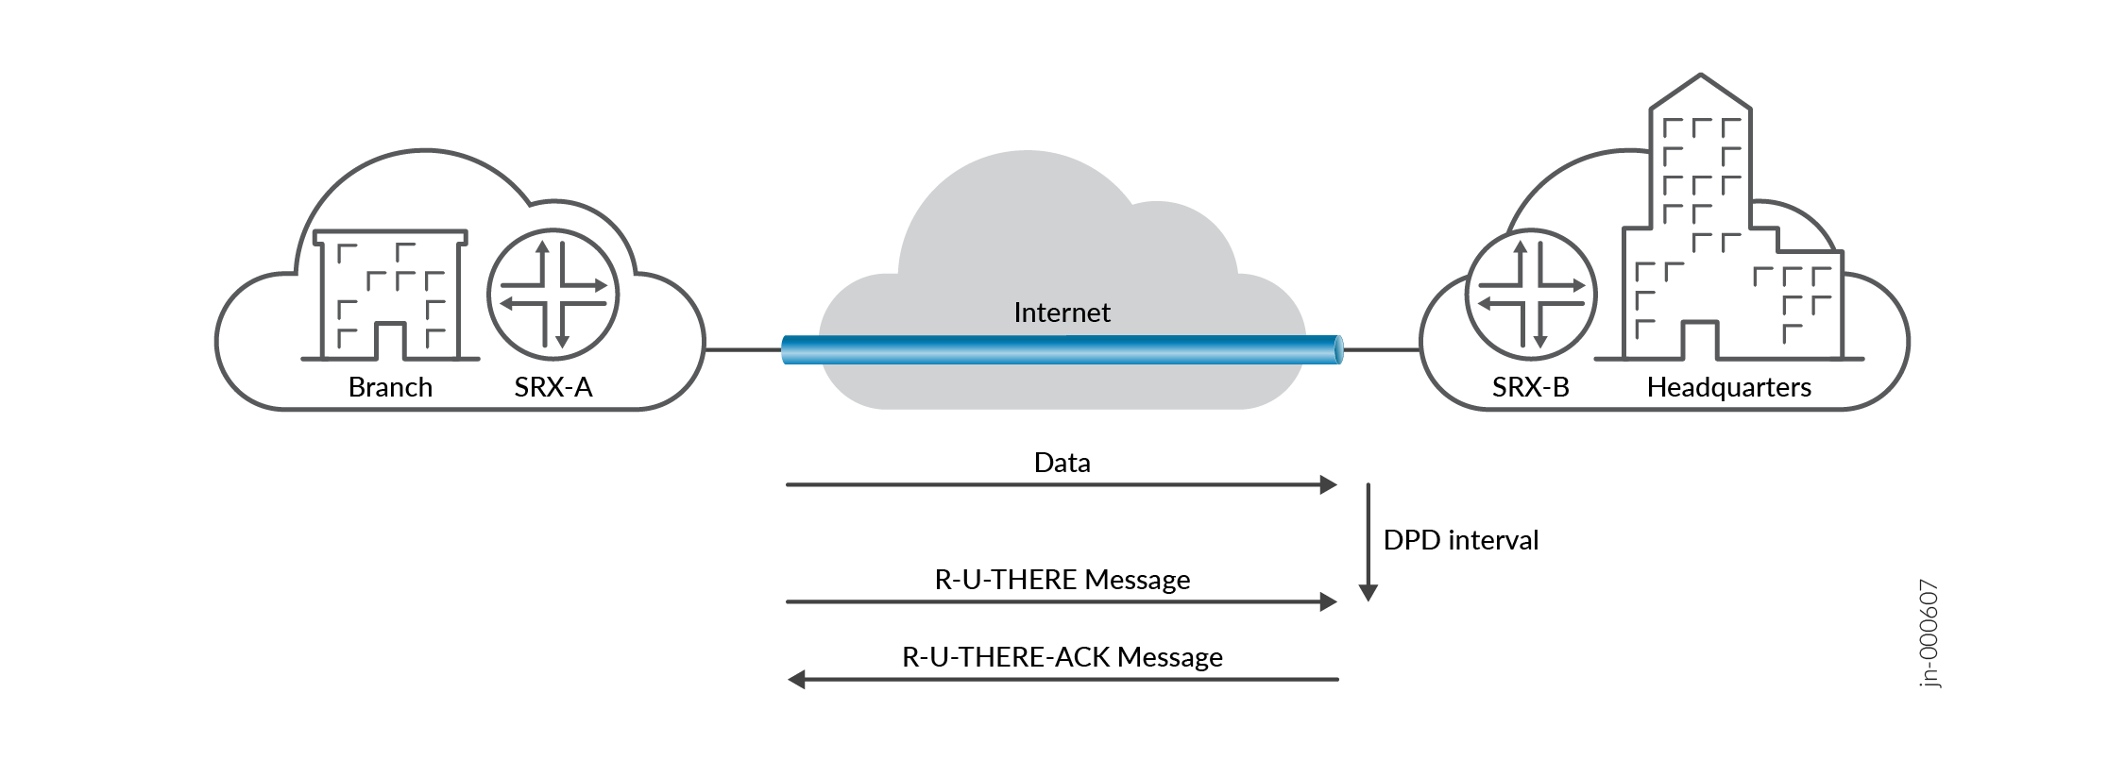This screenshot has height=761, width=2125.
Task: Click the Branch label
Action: click(x=390, y=387)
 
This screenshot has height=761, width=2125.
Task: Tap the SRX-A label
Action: click(x=553, y=387)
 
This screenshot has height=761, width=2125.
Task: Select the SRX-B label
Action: click(x=1530, y=387)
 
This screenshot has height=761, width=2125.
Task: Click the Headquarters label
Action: click(x=1728, y=387)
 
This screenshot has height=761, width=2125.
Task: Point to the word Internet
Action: click(x=1062, y=313)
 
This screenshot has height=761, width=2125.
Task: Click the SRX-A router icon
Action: click(x=552, y=295)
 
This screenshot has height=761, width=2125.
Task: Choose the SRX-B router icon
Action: click(x=1530, y=295)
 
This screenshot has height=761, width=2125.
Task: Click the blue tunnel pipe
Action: click(x=1062, y=349)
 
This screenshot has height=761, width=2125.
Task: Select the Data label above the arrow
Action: click(x=1062, y=463)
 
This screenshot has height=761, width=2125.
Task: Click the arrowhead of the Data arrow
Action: click(x=1329, y=485)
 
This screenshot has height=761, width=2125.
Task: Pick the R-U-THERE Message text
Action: click(x=1062, y=580)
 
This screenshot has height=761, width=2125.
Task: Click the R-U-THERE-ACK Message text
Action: click(x=1062, y=657)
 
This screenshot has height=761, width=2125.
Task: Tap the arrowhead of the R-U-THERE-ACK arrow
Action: click(x=797, y=680)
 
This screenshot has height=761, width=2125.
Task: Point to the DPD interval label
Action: click(x=1460, y=540)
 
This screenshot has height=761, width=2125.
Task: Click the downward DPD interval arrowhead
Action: click(x=1368, y=593)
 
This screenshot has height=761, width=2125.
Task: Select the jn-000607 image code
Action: click(x=1929, y=634)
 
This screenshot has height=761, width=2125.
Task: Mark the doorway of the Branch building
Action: click(x=390, y=341)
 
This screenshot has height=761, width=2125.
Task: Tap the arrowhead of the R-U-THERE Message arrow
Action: click(x=1329, y=602)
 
